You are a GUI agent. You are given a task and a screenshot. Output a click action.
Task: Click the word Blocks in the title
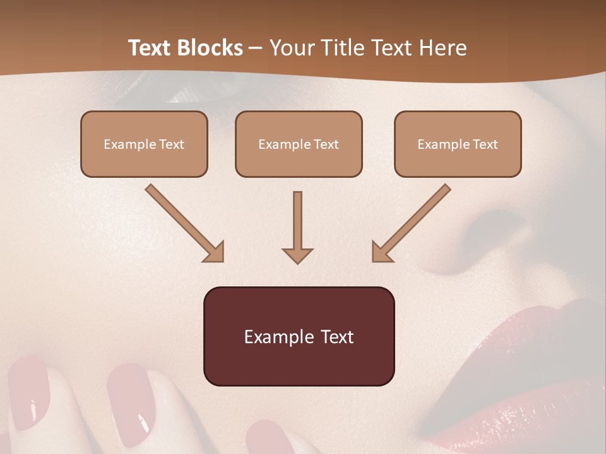[x=209, y=48]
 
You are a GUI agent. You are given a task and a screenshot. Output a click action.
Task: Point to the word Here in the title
[x=443, y=48]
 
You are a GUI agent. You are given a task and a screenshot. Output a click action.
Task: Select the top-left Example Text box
[x=144, y=144]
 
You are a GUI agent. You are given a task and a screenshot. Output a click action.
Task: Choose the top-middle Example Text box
[x=299, y=144]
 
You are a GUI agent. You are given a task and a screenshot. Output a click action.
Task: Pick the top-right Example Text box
[x=458, y=144]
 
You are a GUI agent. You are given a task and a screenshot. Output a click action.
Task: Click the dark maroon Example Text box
[x=299, y=336]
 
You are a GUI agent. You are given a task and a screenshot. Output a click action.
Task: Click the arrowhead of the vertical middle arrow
[x=297, y=255]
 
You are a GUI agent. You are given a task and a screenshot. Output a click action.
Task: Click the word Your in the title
[x=292, y=48]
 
